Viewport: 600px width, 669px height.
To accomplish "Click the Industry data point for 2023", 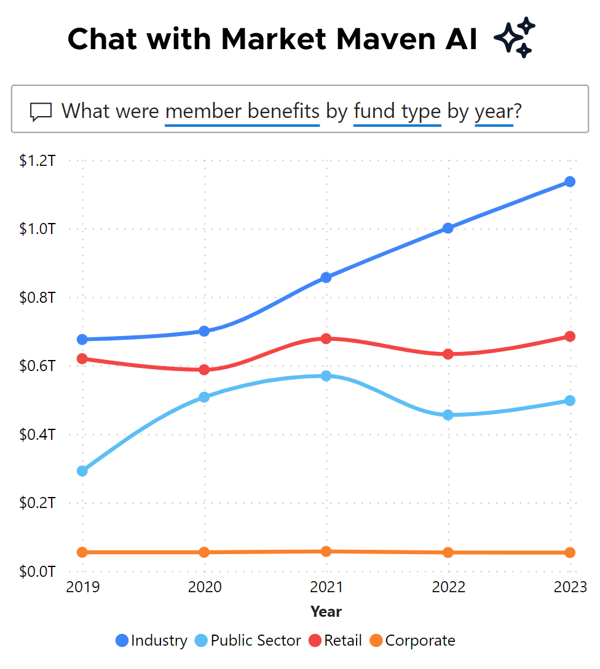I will click(x=570, y=182).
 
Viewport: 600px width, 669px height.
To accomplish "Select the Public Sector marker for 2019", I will click(x=82, y=471).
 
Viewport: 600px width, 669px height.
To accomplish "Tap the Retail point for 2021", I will click(x=326, y=338).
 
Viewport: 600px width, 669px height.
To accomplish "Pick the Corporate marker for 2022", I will click(x=448, y=552).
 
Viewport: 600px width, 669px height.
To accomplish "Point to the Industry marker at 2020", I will click(x=205, y=331).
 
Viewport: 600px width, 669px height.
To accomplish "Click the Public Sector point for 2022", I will click(x=448, y=415).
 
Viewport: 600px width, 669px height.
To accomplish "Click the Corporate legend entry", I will click(x=412, y=641).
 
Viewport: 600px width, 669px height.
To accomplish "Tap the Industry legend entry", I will click(x=151, y=641).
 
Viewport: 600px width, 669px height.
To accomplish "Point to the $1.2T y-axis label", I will click(x=38, y=161).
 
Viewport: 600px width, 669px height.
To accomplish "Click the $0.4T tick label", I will click(x=38, y=435).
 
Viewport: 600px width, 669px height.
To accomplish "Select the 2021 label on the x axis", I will click(x=326, y=587).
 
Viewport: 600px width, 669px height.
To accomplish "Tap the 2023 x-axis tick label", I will click(x=570, y=587).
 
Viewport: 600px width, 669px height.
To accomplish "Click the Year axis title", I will click(x=326, y=612).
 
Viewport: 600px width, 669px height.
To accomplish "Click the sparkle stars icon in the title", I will click(x=515, y=38).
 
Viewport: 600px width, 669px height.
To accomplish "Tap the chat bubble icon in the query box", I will click(x=41, y=112).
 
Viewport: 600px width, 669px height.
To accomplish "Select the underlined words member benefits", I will click(x=242, y=111).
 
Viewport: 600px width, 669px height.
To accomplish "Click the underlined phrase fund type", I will click(x=397, y=111).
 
